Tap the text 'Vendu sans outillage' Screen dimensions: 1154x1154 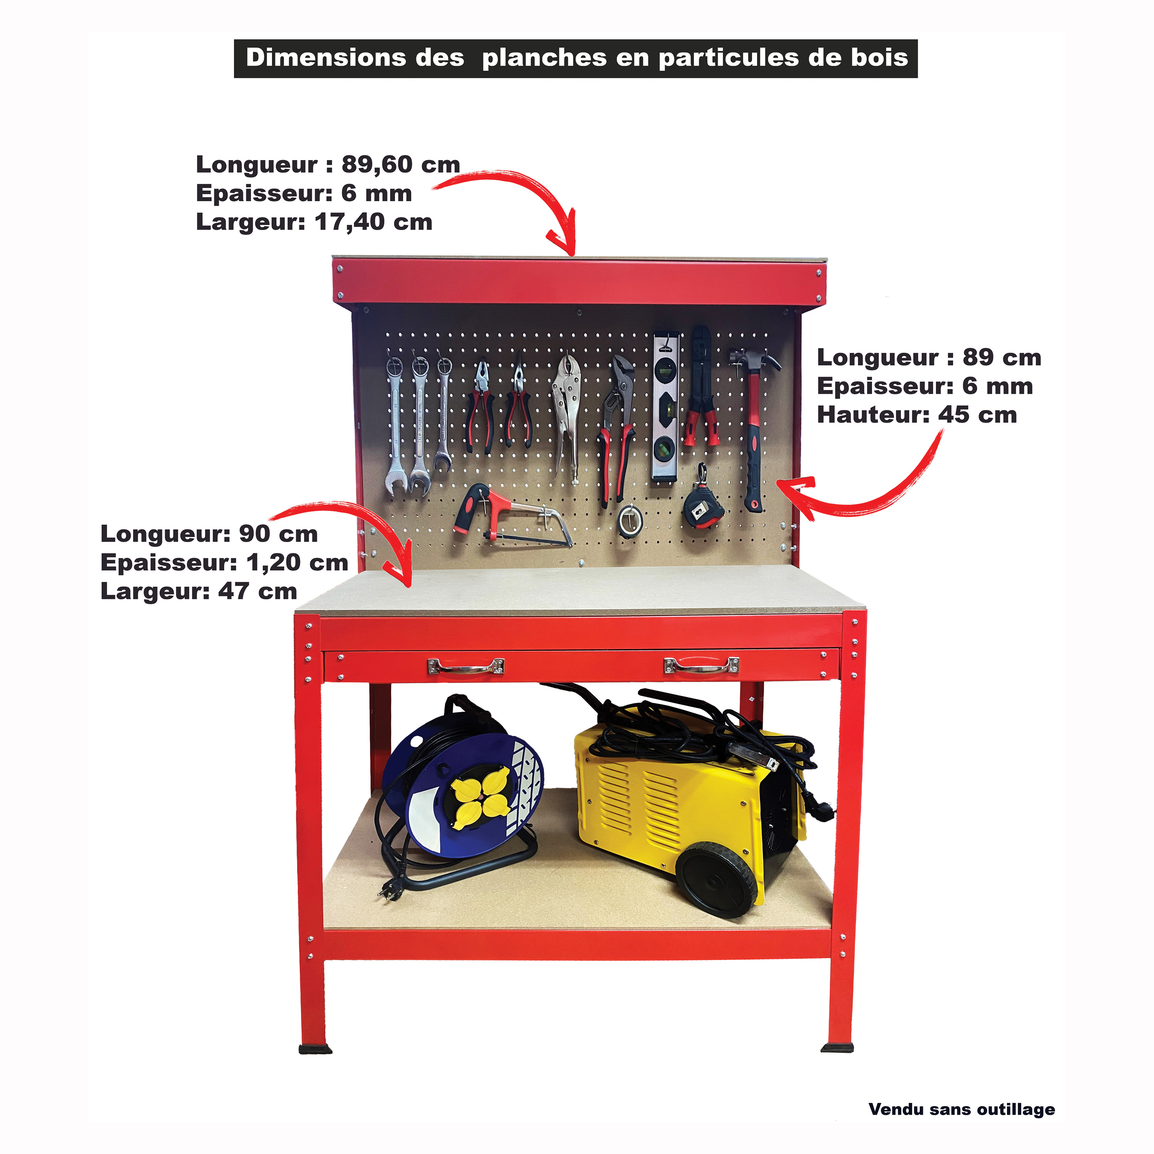tap(962, 1109)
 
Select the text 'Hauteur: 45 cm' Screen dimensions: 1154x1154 tap(917, 415)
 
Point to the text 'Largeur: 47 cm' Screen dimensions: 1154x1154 tap(199, 591)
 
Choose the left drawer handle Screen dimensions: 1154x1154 tap(465, 666)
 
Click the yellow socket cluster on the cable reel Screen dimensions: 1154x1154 tap(480, 799)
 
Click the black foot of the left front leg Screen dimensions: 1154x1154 tap(315, 1048)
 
